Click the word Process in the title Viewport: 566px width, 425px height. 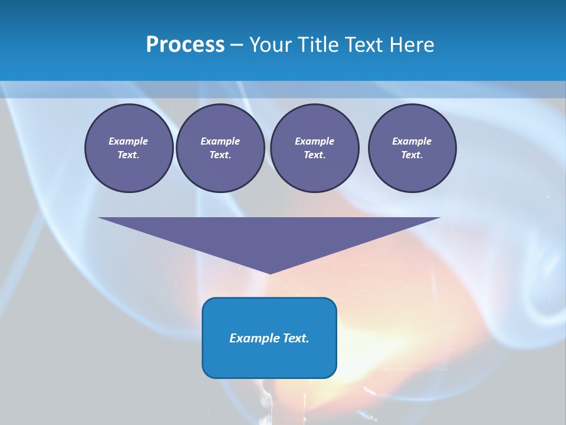[185, 45]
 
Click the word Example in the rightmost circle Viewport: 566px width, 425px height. [412, 141]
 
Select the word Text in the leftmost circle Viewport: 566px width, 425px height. [128, 155]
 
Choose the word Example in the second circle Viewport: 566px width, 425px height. [220, 141]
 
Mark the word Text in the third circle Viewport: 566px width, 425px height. [314, 155]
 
